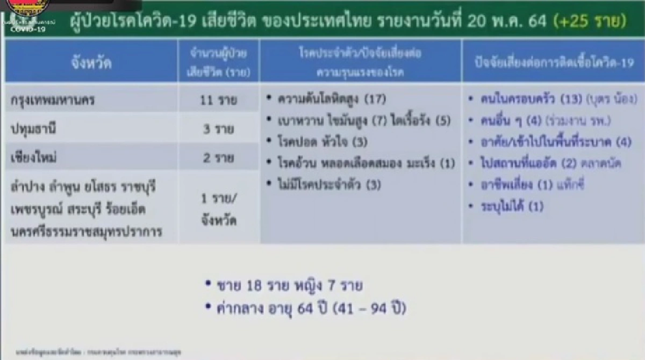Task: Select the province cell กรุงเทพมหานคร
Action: [x=57, y=100]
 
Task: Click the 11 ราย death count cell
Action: [x=218, y=100]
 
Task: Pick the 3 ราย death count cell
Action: [x=218, y=129]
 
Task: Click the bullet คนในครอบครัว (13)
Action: [x=551, y=99]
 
